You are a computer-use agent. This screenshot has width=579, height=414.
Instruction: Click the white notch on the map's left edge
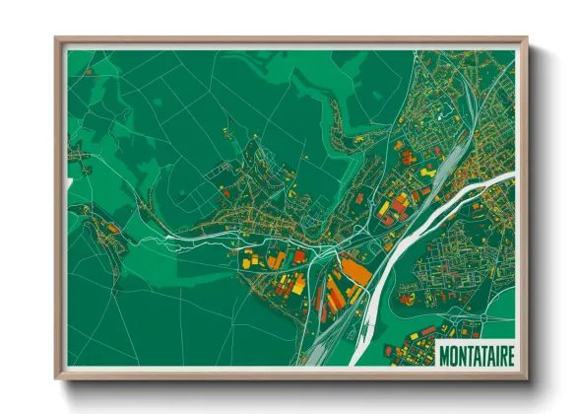coord(69,184)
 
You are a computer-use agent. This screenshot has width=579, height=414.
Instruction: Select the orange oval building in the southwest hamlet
coord(113,229)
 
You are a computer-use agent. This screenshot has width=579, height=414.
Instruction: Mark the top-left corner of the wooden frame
coord(56,38)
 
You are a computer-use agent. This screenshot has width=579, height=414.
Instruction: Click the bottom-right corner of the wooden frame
coord(527,379)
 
